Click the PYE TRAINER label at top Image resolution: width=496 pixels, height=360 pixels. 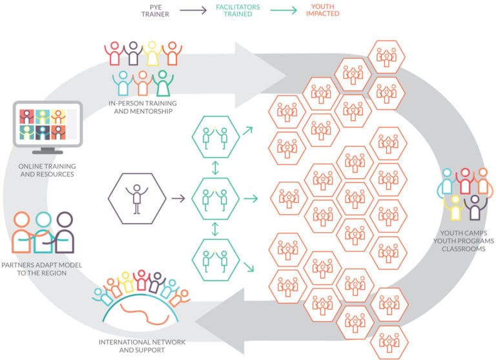click(x=155, y=11)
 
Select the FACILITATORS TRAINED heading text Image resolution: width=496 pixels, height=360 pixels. click(x=238, y=10)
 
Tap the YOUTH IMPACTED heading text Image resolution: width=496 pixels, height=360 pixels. click(x=323, y=10)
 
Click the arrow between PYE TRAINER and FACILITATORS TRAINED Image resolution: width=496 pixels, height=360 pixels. click(x=193, y=10)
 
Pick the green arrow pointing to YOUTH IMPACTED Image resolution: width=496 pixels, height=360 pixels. click(x=284, y=10)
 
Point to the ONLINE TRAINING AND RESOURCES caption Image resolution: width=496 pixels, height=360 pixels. click(x=47, y=170)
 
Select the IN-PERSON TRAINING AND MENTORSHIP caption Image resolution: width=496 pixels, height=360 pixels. click(x=143, y=107)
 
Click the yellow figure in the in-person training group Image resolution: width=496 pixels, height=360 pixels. click(x=152, y=53)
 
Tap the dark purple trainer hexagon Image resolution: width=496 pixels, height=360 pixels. click(x=137, y=198)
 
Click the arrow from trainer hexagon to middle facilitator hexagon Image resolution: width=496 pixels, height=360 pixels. click(x=178, y=198)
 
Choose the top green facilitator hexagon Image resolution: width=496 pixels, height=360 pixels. click(x=216, y=137)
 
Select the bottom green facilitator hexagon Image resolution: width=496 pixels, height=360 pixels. click(x=216, y=260)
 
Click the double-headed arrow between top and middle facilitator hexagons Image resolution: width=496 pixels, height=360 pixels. click(x=215, y=168)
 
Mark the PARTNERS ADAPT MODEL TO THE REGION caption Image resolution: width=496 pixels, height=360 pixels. click(x=42, y=269)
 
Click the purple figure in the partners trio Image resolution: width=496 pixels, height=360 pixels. click(x=64, y=233)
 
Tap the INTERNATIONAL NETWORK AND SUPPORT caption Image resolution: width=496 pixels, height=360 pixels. click(x=142, y=346)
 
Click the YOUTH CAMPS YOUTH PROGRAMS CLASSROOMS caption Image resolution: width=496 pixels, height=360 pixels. click(x=464, y=241)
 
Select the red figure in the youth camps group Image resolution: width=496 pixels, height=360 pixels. click(x=465, y=181)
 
